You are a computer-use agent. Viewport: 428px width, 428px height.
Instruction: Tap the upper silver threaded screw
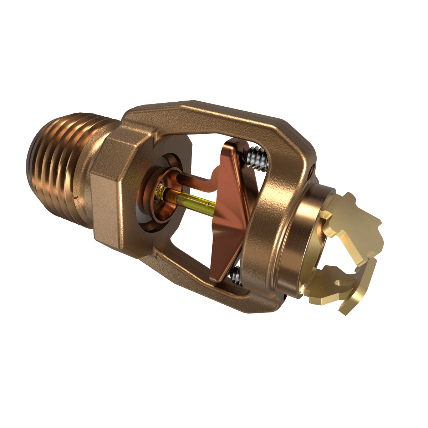click(256, 159)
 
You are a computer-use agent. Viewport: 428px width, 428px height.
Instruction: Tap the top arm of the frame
click(214, 114)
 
